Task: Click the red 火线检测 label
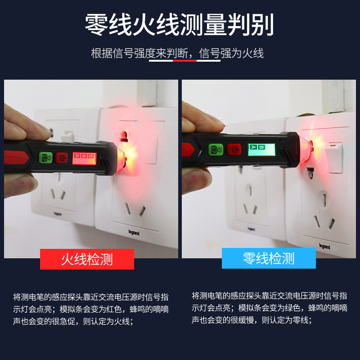point(87,259)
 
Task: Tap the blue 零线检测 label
point(269,258)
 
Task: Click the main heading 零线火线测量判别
point(180,24)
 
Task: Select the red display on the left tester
point(84,158)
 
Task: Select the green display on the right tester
point(261,149)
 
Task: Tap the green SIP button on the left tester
point(45,157)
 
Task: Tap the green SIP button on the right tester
point(216,149)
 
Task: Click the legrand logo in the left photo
point(134,233)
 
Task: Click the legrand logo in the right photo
point(324,246)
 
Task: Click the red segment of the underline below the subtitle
point(184,61)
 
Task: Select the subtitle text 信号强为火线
point(231,53)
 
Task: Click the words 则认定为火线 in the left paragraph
point(106,321)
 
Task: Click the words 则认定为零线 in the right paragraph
point(285,320)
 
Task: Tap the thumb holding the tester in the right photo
point(197,180)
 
